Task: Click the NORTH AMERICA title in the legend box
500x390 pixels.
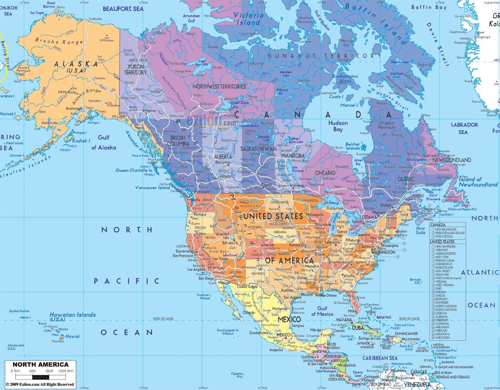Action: click(x=40, y=364)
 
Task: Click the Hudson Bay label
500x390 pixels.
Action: click(x=338, y=126)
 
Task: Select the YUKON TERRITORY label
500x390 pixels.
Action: click(x=135, y=69)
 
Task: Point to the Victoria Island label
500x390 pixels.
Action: click(x=248, y=19)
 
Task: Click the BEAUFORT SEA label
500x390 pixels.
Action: click(x=123, y=9)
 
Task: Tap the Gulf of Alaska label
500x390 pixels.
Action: click(x=103, y=143)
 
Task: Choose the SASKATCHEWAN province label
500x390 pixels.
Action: click(x=258, y=149)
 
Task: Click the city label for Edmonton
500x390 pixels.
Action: click(x=223, y=162)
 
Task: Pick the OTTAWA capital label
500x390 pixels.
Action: click(x=369, y=217)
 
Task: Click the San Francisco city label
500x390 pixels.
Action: click(x=183, y=256)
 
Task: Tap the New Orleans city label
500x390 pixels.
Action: click(x=328, y=295)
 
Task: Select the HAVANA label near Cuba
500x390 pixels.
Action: click(x=344, y=320)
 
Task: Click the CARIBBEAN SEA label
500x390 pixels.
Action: click(x=380, y=358)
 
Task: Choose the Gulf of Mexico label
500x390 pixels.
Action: click(x=322, y=311)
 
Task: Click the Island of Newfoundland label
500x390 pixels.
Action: click(x=478, y=182)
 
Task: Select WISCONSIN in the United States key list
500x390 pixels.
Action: click(x=442, y=338)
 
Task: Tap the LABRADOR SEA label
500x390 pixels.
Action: click(x=464, y=128)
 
